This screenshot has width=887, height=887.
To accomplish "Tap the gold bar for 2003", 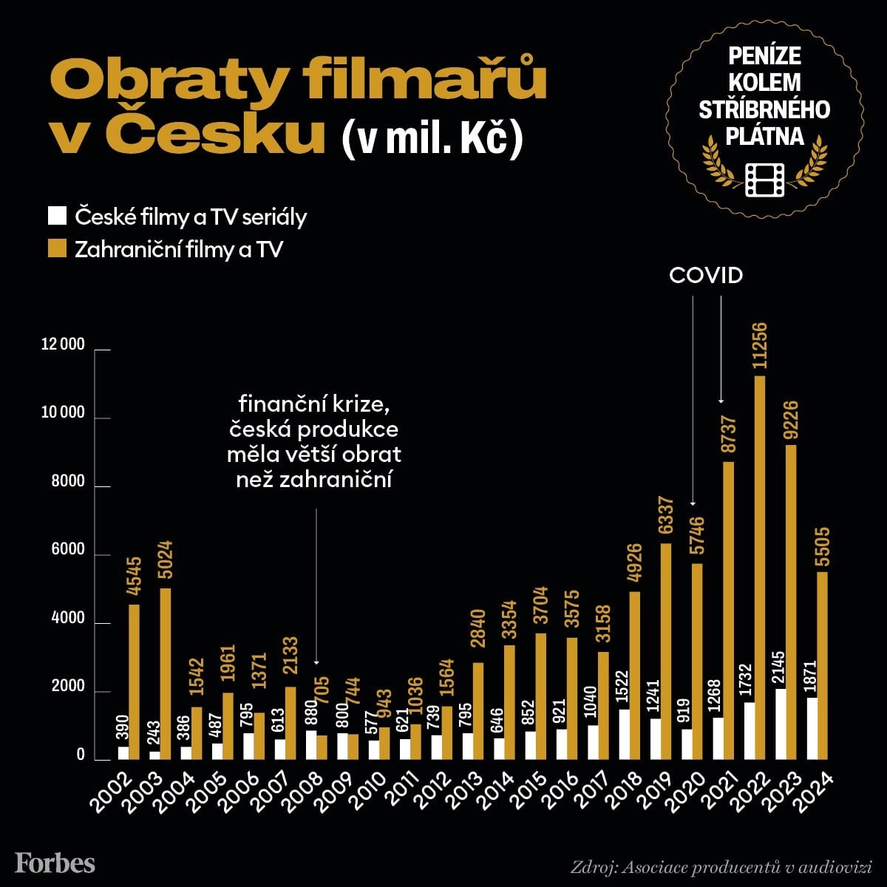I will coord(166,673).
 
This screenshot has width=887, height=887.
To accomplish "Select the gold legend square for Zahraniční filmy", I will coord(58,248).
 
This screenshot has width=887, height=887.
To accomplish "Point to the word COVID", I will coord(705,276).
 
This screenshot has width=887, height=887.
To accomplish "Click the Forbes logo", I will coord(55,863).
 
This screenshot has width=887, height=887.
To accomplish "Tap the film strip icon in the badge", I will coord(765,179).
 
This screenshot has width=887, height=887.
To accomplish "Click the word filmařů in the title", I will coord(412,82).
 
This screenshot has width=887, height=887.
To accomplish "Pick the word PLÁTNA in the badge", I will coord(765,135).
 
